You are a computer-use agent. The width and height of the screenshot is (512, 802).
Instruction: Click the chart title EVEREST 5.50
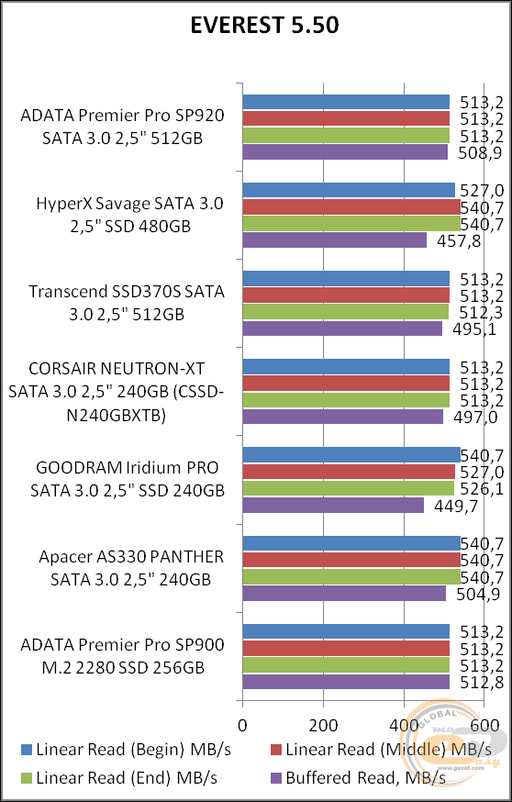point(263,26)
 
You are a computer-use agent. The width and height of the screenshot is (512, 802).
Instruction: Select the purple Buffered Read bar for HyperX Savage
point(334,240)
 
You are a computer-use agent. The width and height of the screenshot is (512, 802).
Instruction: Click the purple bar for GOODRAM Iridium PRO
point(332,506)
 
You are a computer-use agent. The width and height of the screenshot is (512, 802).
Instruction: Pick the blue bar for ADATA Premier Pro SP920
point(345,102)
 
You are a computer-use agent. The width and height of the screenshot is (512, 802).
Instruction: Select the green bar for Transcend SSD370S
point(345,312)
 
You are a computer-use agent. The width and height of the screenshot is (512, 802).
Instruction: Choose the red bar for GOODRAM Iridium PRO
point(348,472)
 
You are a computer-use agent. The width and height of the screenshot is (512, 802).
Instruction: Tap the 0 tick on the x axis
point(242,724)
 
